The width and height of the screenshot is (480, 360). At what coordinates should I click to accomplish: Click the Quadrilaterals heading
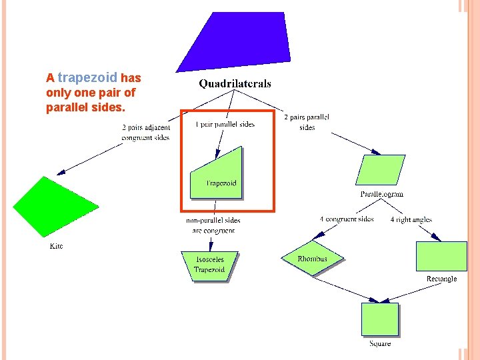235,84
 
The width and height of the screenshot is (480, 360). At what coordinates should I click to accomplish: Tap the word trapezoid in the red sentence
87,77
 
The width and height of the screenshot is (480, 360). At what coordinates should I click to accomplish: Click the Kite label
57,246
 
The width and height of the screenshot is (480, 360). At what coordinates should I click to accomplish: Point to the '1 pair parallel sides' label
225,124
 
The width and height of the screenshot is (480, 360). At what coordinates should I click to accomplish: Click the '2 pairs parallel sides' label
307,122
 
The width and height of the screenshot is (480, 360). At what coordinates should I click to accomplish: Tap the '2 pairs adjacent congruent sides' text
145,133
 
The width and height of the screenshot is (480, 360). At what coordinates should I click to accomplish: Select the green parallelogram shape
381,170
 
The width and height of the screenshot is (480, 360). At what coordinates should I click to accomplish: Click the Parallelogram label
382,194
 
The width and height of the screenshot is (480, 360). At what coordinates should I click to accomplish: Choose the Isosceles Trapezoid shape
209,265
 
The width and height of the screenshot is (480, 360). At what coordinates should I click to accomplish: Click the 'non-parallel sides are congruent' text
213,225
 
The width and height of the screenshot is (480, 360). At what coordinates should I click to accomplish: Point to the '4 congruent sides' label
347,219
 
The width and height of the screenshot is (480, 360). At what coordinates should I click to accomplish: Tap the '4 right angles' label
411,219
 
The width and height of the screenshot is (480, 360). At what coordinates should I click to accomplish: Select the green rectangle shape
441,256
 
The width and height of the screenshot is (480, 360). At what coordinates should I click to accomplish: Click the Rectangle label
441,279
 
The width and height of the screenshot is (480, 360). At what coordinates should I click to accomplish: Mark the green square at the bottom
379,319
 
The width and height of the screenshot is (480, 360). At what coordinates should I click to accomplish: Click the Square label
380,344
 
